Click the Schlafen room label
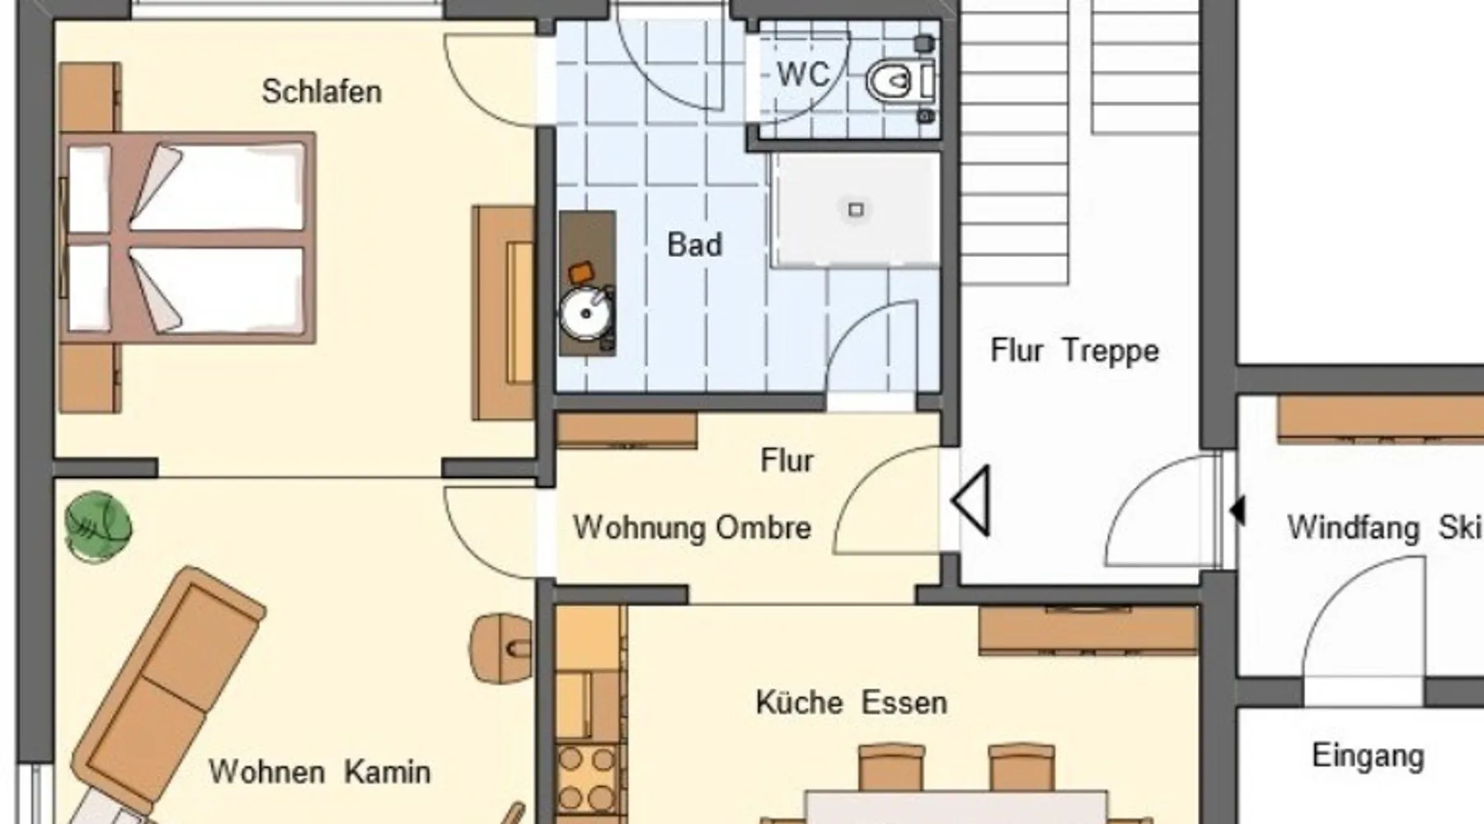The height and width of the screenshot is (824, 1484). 322,91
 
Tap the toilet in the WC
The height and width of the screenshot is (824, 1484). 900,80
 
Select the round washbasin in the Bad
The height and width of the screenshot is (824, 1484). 585,313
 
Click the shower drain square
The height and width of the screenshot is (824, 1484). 856,209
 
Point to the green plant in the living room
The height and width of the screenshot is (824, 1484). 98,527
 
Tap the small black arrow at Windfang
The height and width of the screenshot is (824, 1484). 1237,510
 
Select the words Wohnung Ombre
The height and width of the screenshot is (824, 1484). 693,527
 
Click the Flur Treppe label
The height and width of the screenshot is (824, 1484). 1074,351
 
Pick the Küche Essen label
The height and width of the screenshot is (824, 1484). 851,703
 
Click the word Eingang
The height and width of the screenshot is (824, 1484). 1368,756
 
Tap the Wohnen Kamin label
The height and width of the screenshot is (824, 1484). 320,772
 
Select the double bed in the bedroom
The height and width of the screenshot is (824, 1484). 188,237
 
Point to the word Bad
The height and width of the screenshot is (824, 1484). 694,245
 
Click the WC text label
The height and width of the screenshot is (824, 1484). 802,75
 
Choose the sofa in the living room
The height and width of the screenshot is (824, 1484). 165,692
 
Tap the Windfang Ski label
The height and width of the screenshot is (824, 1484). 1385,527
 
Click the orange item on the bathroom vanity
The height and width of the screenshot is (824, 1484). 580,272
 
